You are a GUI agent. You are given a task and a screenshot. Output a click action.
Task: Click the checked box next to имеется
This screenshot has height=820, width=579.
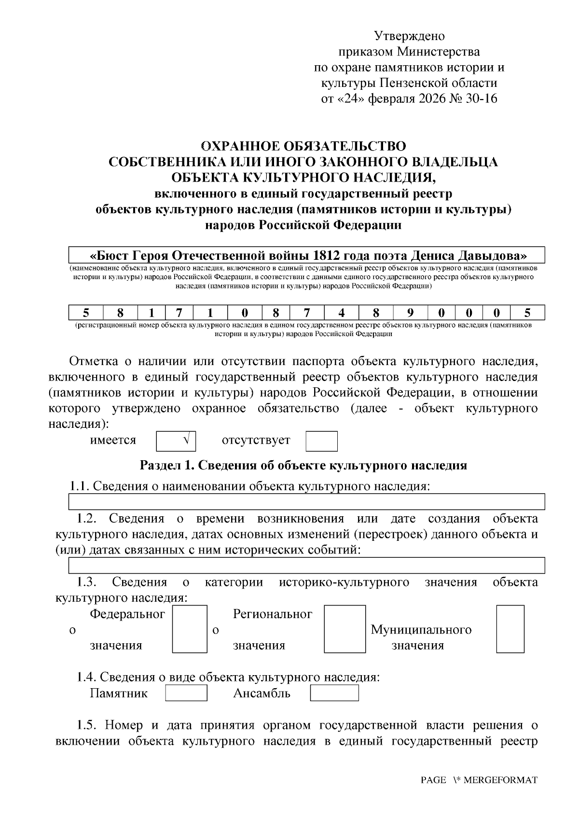(x=176, y=440)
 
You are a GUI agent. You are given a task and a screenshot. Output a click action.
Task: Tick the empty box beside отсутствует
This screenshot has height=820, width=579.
(x=321, y=441)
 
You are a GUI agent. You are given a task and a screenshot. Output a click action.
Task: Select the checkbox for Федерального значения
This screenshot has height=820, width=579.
(x=190, y=629)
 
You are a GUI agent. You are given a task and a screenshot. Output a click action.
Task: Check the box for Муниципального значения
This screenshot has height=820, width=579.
(x=510, y=629)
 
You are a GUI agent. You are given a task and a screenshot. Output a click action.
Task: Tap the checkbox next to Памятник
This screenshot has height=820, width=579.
(x=186, y=693)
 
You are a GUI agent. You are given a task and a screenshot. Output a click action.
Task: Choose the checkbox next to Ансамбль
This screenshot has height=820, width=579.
(x=334, y=693)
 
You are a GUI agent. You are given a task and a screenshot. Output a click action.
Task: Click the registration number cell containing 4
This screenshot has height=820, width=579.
(x=342, y=312)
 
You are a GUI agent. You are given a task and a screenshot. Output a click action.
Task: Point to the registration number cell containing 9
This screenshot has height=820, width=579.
(x=410, y=312)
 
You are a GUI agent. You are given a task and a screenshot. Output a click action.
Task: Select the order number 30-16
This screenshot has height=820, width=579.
(x=482, y=99)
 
